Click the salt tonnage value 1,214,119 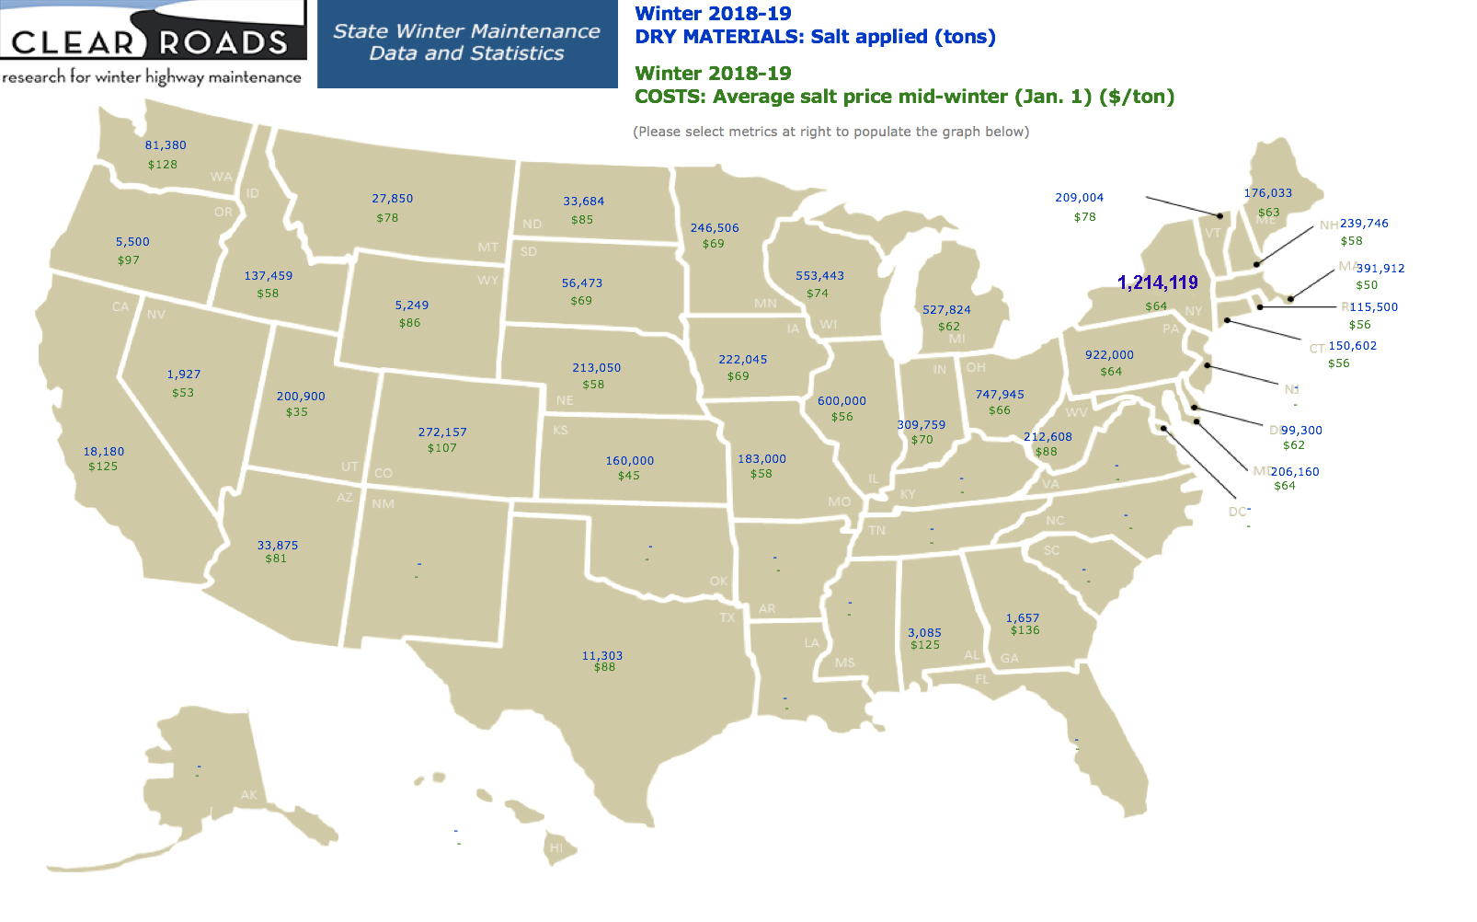[1157, 282]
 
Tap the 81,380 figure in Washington [166, 145]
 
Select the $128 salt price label [163, 165]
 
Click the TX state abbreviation [727, 617]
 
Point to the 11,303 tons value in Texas [601, 655]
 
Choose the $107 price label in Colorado [441, 448]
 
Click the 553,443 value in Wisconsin [819, 276]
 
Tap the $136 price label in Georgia [1025, 630]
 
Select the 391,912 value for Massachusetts [1380, 269]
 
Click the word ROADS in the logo [223, 42]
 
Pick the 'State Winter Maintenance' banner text [466, 31]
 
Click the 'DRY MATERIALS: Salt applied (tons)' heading [815, 37]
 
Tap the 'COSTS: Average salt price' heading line [904, 97]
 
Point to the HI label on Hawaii [556, 847]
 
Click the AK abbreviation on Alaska [248, 795]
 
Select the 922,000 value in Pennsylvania [1109, 355]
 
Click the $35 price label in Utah [296, 412]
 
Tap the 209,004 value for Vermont [1079, 198]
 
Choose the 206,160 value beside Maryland [1295, 472]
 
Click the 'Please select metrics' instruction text [830, 132]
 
